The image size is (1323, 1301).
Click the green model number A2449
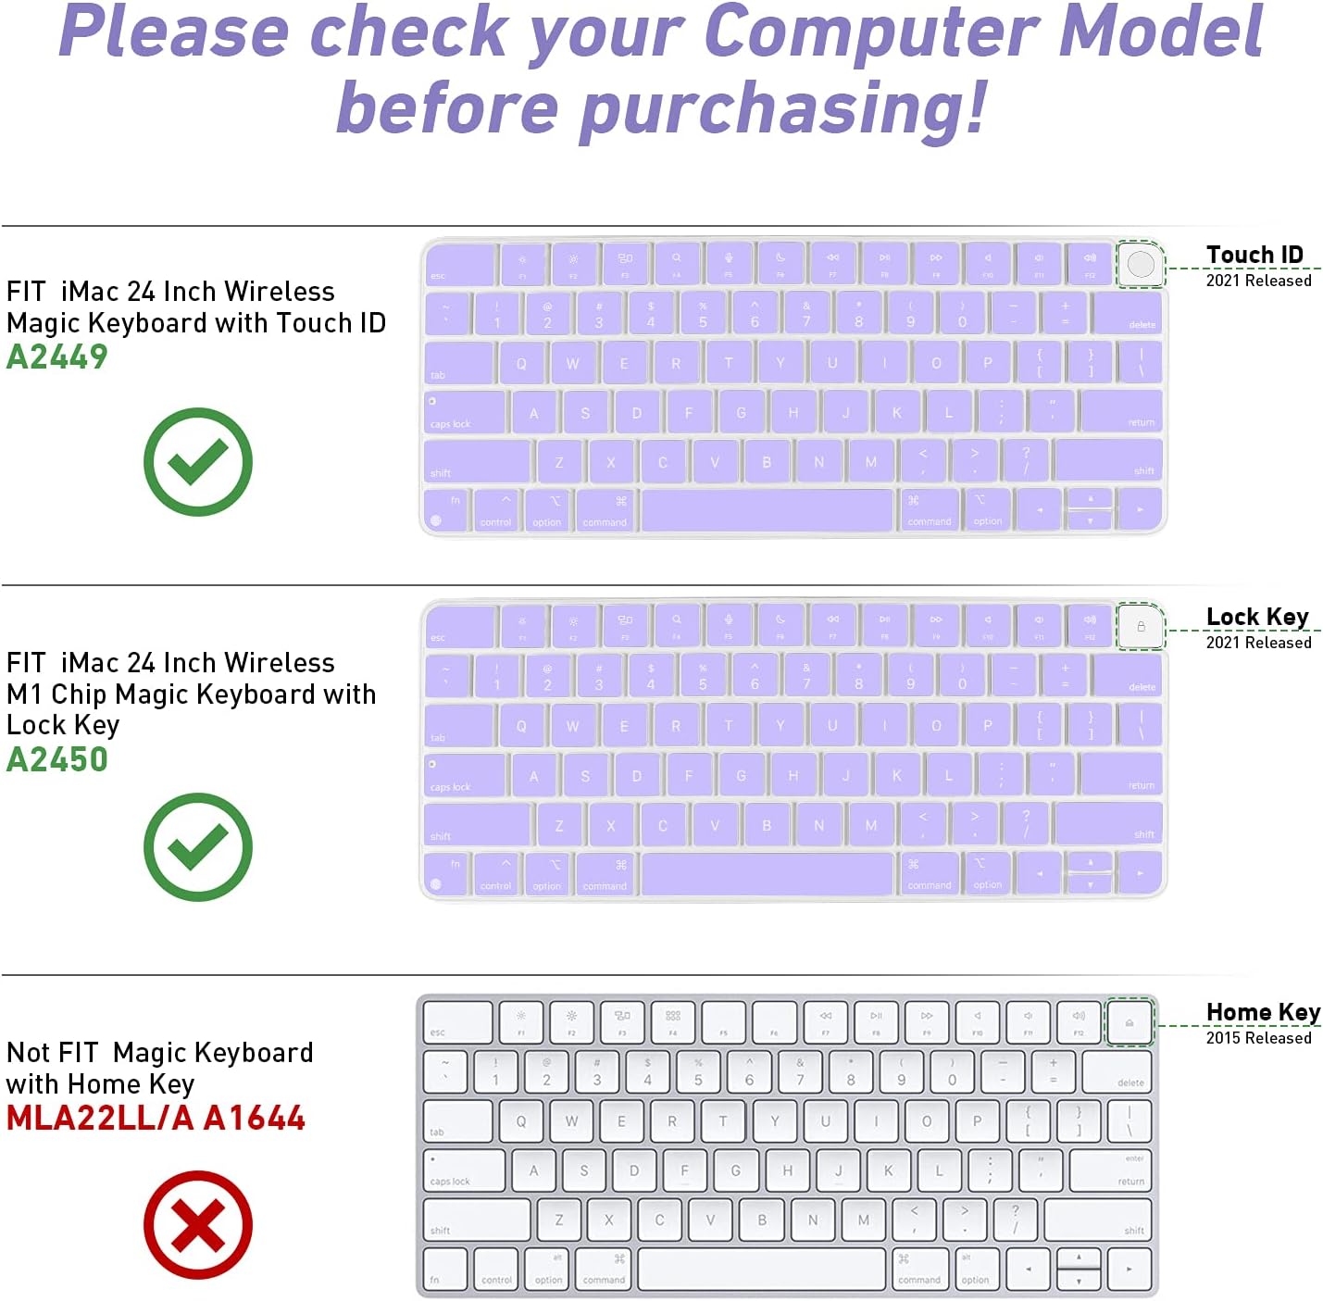point(56,357)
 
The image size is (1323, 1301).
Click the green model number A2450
point(56,759)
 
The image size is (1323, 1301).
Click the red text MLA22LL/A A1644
point(156,1118)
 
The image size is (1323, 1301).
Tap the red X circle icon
point(197,1225)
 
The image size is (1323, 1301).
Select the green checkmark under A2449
point(197,461)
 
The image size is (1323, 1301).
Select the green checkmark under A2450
point(197,846)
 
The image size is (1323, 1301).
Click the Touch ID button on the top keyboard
point(1141,264)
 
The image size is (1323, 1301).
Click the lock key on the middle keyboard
point(1141,627)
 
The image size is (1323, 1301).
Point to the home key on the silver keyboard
point(1130,1022)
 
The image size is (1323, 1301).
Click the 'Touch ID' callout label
point(1254,255)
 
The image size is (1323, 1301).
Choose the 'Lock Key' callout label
point(1257,617)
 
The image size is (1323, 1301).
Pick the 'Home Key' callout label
point(1263,1012)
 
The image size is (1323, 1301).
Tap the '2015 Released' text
point(1258,1038)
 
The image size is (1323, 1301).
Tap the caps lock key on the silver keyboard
point(464,1170)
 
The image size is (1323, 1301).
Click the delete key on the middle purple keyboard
point(1127,676)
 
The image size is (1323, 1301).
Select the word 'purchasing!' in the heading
point(783,108)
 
